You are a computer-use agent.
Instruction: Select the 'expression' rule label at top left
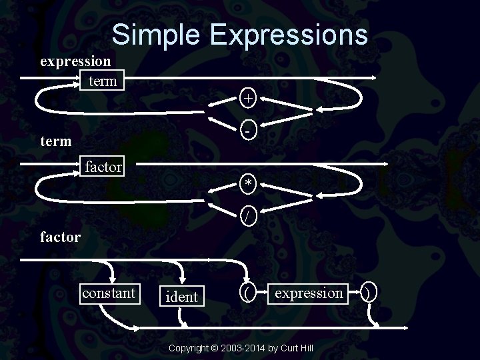pos(75,61)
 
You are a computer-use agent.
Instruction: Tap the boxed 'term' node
pos(102,81)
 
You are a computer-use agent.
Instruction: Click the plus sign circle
pos(248,98)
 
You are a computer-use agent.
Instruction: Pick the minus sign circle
pos(248,129)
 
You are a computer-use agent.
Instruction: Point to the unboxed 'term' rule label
pos(56,141)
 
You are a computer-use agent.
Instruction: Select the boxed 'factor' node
pos(103,167)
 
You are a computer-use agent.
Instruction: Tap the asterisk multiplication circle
pos(248,183)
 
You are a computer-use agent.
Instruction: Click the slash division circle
pos(248,215)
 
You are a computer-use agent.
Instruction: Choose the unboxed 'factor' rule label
pos(60,236)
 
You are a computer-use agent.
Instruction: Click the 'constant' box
pos(109,293)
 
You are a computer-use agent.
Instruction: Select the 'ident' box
pos(182,297)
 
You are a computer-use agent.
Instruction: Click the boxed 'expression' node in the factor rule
pos(309,293)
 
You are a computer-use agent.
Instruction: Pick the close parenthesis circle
pos(369,292)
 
